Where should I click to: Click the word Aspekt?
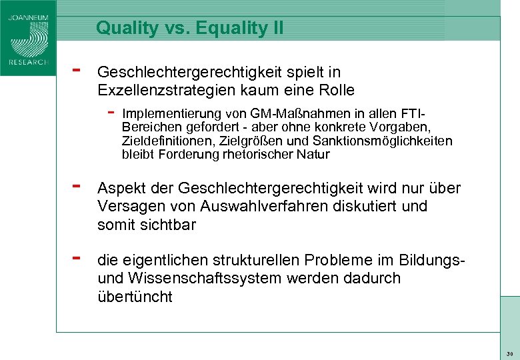[x=120, y=189]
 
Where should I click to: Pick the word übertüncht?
[x=135, y=296]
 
